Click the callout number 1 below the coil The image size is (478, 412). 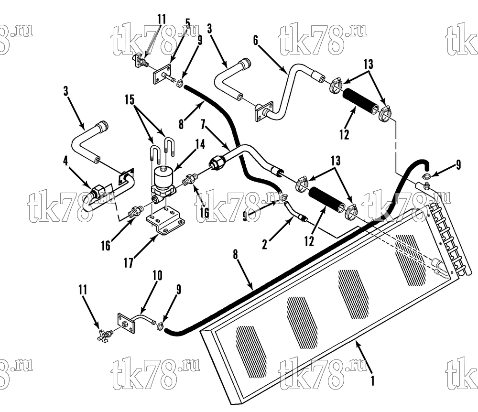click(x=372, y=380)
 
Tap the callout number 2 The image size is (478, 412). click(x=265, y=244)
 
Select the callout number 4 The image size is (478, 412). click(x=65, y=161)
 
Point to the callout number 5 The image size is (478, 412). click(x=188, y=23)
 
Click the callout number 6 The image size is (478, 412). click(x=255, y=40)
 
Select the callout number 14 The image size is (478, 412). click(x=200, y=144)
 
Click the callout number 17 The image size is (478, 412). click(x=128, y=263)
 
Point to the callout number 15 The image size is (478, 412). click(x=130, y=99)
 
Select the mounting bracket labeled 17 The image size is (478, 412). click(x=165, y=222)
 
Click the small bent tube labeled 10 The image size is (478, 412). click(x=143, y=318)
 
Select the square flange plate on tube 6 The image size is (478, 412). click(x=264, y=112)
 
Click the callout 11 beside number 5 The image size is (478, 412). click(x=162, y=19)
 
